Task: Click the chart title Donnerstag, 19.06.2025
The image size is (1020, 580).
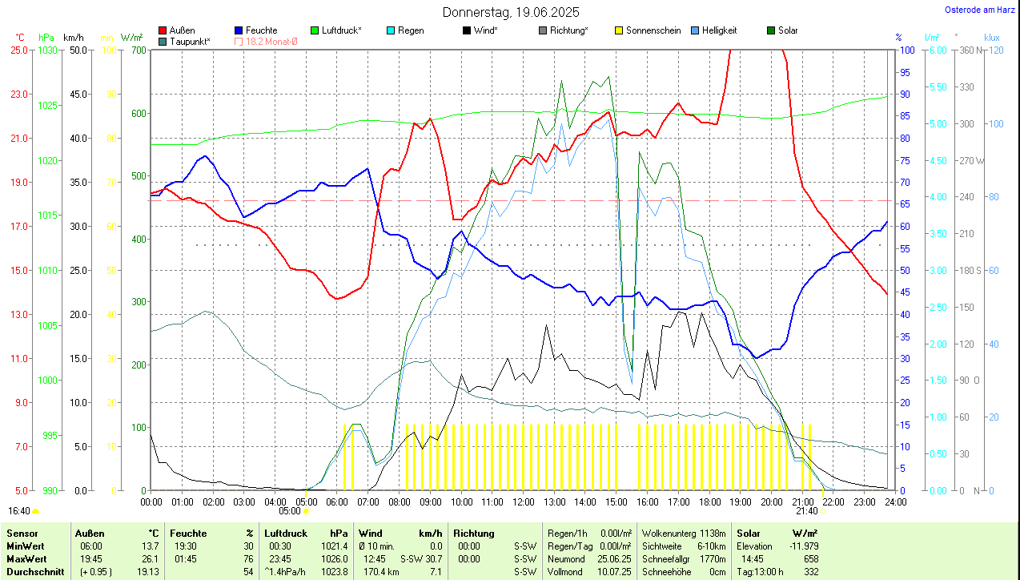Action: [x=511, y=12]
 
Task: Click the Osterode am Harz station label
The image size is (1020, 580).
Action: [x=979, y=10]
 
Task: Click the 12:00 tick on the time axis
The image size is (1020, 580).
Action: [x=523, y=502]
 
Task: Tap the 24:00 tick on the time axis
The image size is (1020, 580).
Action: [x=894, y=502]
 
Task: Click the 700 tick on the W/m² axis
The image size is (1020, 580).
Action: [x=138, y=50]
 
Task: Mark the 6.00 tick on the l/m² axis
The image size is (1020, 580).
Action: [x=936, y=50]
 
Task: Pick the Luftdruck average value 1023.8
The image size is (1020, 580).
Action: [x=334, y=572]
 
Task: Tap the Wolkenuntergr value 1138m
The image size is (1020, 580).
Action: [x=710, y=533]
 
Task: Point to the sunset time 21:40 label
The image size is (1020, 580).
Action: [x=806, y=511]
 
